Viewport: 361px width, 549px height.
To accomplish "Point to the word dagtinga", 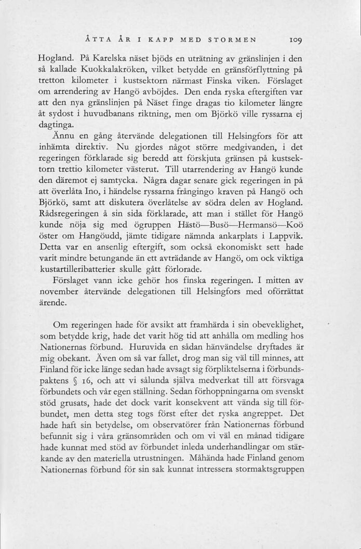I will point(59,125).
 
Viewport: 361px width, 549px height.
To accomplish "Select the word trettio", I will point(75,170).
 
